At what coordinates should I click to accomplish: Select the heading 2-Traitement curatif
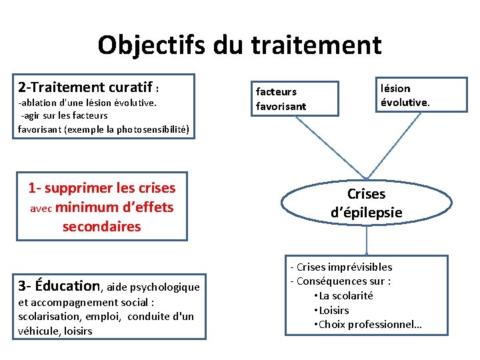86,87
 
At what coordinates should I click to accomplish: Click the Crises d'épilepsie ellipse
366,203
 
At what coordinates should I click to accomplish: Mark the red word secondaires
101,227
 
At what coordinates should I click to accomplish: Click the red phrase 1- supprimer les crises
102,188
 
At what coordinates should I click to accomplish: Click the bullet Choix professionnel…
371,325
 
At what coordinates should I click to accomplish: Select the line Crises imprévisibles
344,267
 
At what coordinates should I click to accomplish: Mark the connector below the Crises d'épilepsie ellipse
366,241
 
